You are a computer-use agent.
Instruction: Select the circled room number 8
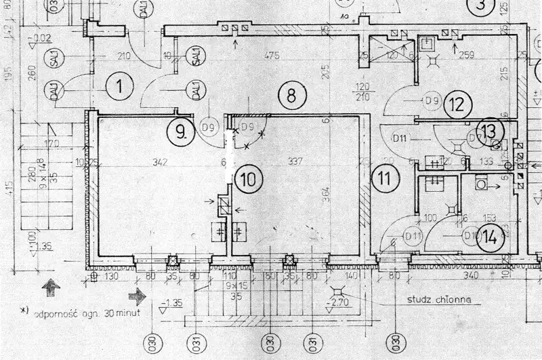tap(291, 94)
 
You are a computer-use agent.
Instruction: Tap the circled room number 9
tap(180, 131)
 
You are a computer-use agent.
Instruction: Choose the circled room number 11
tap(385, 179)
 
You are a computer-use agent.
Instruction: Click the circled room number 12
tap(459, 104)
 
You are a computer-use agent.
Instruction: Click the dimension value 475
tap(273, 55)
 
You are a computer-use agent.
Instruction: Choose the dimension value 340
tap(470, 275)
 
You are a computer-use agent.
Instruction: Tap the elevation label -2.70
tap(339, 302)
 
